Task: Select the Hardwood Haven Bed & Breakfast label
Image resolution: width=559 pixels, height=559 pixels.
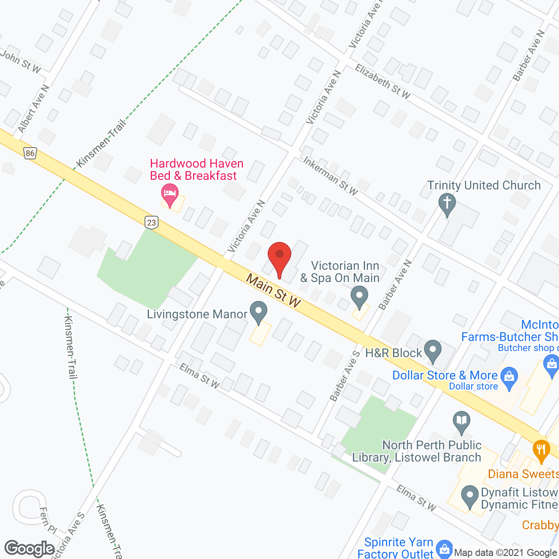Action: click(x=196, y=169)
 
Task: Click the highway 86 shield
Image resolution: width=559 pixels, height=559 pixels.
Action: click(x=30, y=153)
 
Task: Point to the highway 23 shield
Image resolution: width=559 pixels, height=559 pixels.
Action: click(x=151, y=222)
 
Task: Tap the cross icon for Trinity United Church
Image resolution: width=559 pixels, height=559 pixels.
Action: click(x=447, y=204)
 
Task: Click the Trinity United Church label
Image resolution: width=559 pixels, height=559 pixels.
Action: click(x=484, y=185)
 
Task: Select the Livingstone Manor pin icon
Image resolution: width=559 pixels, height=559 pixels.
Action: click(x=259, y=311)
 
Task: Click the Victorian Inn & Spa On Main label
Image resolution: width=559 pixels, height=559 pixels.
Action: click(x=340, y=272)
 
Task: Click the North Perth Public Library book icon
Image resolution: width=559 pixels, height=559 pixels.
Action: click(x=462, y=421)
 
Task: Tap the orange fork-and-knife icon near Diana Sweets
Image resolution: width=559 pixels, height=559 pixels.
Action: click(x=541, y=450)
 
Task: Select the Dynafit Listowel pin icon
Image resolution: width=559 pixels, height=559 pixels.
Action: click(x=470, y=496)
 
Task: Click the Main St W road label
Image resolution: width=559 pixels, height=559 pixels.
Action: click(x=273, y=290)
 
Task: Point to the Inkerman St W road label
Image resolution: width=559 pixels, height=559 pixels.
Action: click(x=331, y=176)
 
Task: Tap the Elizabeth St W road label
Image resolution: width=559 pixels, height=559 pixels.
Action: click(x=383, y=82)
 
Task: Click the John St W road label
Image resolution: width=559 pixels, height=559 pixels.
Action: click(x=21, y=61)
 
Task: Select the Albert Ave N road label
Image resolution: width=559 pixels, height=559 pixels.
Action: click(x=34, y=109)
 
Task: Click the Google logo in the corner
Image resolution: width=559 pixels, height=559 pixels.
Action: click(x=30, y=549)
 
